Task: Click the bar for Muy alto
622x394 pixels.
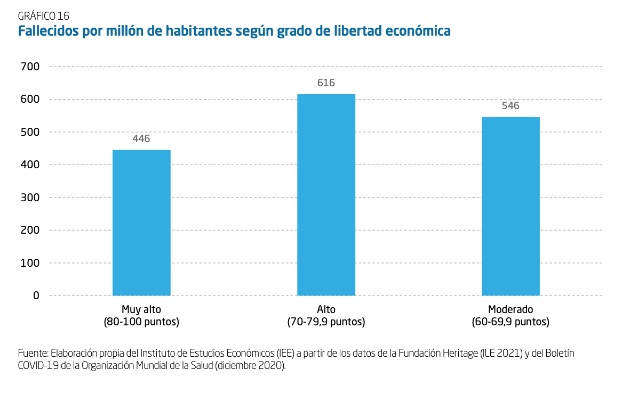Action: click(x=141, y=223)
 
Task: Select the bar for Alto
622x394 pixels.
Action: click(x=326, y=195)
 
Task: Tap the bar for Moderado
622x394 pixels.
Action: click(x=511, y=206)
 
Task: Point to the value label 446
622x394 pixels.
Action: click(x=141, y=139)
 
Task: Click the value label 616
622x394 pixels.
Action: click(x=326, y=83)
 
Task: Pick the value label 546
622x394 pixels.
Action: click(x=511, y=106)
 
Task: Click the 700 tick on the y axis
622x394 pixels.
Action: click(x=29, y=67)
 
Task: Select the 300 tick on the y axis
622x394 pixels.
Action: click(x=29, y=198)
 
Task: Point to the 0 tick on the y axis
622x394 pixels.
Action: click(x=36, y=295)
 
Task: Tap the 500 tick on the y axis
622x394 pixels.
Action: click(x=29, y=132)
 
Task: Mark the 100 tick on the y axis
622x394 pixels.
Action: click(x=29, y=263)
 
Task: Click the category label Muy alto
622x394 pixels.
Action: click(x=141, y=309)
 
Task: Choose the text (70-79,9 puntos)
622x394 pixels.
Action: click(x=326, y=322)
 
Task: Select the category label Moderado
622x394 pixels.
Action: click(x=511, y=309)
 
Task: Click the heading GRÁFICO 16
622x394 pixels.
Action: click(x=43, y=16)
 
